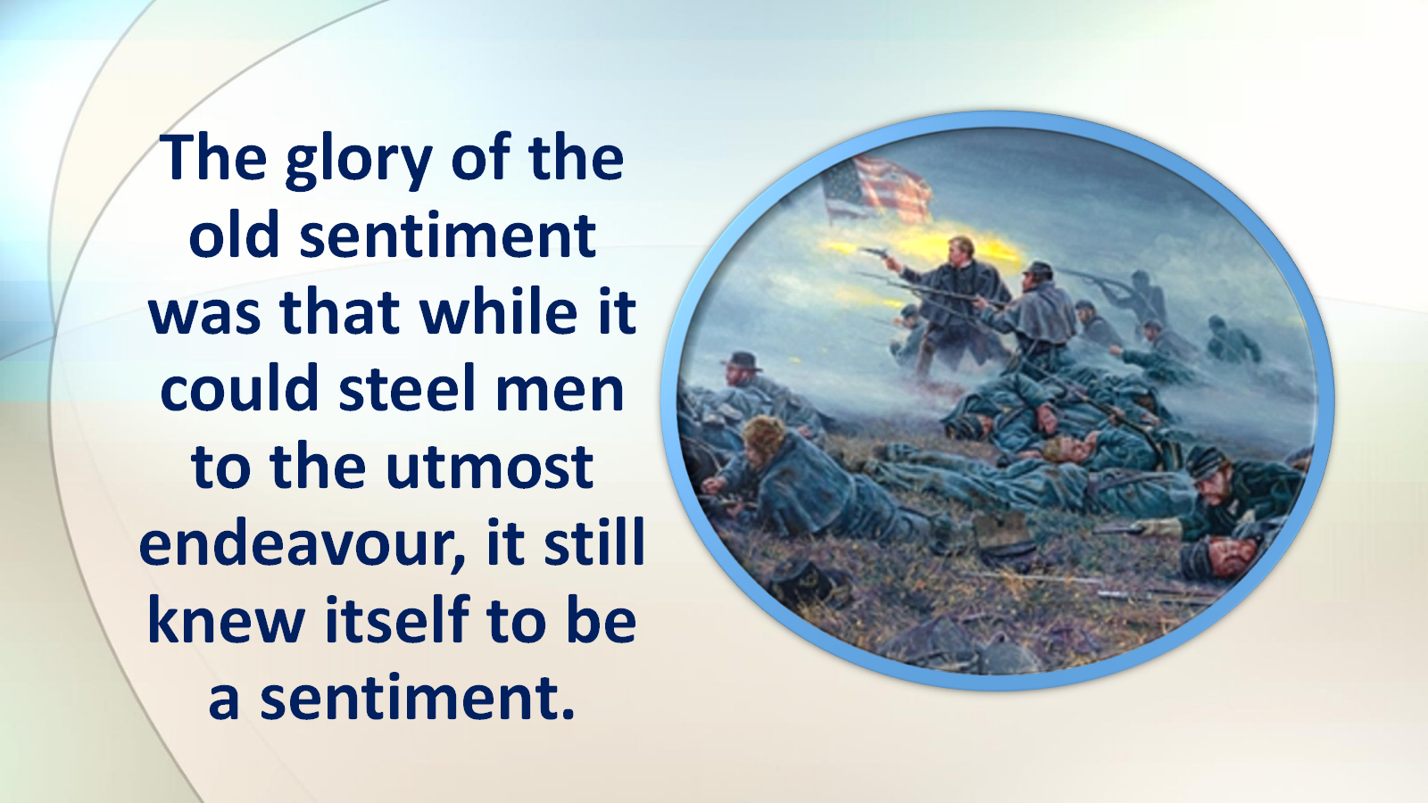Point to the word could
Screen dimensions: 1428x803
click(239, 389)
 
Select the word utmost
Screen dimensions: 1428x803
click(490, 468)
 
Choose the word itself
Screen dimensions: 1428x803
click(397, 619)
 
